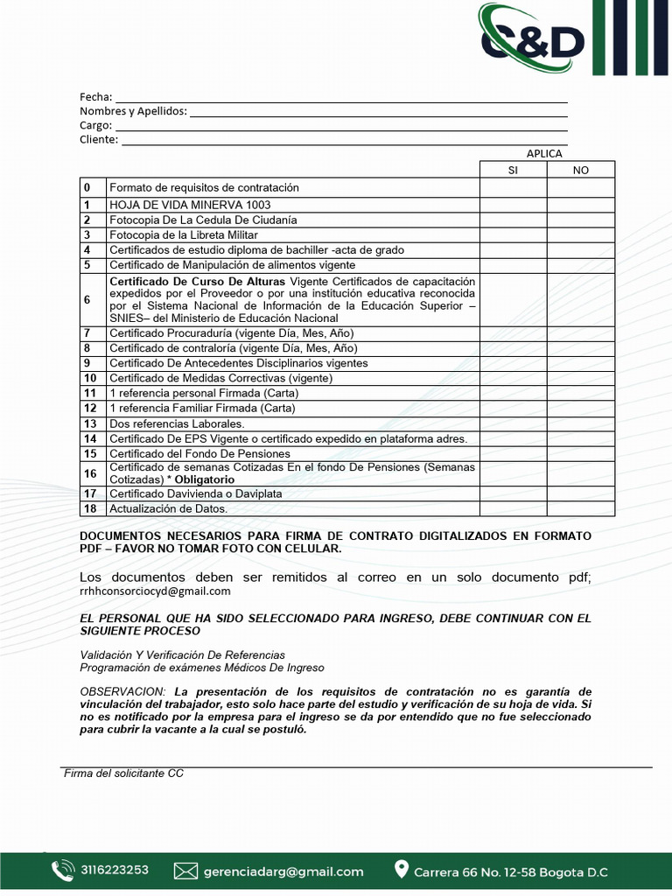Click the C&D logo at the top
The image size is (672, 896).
pyautogui.click(x=532, y=38)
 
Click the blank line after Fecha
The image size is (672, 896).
pyautogui.click(x=341, y=98)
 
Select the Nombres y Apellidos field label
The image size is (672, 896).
pyautogui.click(x=133, y=111)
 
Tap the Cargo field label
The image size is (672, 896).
pyautogui.click(x=95, y=126)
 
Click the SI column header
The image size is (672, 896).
pyautogui.click(x=513, y=170)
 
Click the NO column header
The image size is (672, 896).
pyautogui.click(x=581, y=170)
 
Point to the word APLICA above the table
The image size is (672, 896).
pyautogui.click(x=544, y=154)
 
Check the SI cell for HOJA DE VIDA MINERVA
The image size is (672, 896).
pyautogui.click(x=513, y=206)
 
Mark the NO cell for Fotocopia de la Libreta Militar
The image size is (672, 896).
pyautogui.click(x=581, y=235)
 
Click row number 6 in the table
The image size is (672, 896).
pyautogui.click(x=87, y=299)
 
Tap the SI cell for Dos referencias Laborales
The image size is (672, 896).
pyautogui.click(x=513, y=423)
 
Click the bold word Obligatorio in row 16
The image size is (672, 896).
pyautogui.click(x=204, y=479)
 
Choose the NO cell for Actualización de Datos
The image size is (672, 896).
pyautogui.click(x=581, y=508)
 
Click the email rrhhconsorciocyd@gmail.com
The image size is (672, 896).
pyautogui.click(x=155, y=591)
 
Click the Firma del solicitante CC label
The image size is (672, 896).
pyautogui.click(x=123, y=773)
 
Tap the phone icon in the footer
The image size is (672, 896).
pyautogui.click(x=62, y=871)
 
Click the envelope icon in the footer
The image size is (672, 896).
pyautogui.click(x=185, y=871)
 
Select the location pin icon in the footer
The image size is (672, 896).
pyautogui.click(x=402, y=870)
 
